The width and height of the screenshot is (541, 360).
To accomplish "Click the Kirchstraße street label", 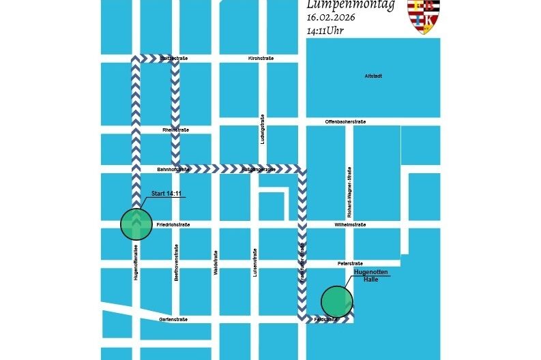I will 261,59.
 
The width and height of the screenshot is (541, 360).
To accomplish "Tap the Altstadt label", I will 373,76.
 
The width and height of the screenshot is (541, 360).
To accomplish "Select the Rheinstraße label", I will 175,130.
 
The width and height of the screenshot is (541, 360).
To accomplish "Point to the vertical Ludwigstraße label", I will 263,130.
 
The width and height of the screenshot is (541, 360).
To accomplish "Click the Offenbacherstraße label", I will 345,121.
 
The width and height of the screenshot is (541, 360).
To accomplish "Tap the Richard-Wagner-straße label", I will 349,185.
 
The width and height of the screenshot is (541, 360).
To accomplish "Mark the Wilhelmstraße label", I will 350,224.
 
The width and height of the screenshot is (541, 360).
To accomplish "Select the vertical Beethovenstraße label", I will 176,263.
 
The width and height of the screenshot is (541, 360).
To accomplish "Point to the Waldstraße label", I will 216,262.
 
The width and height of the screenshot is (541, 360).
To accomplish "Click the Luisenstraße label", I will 255,265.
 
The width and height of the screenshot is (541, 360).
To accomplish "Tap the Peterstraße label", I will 350,262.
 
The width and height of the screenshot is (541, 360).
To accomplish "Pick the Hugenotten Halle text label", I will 370,275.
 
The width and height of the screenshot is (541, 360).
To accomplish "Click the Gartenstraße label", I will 173,319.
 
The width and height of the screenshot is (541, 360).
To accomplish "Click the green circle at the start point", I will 136,223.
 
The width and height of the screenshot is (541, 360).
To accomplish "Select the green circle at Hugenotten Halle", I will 337,301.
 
